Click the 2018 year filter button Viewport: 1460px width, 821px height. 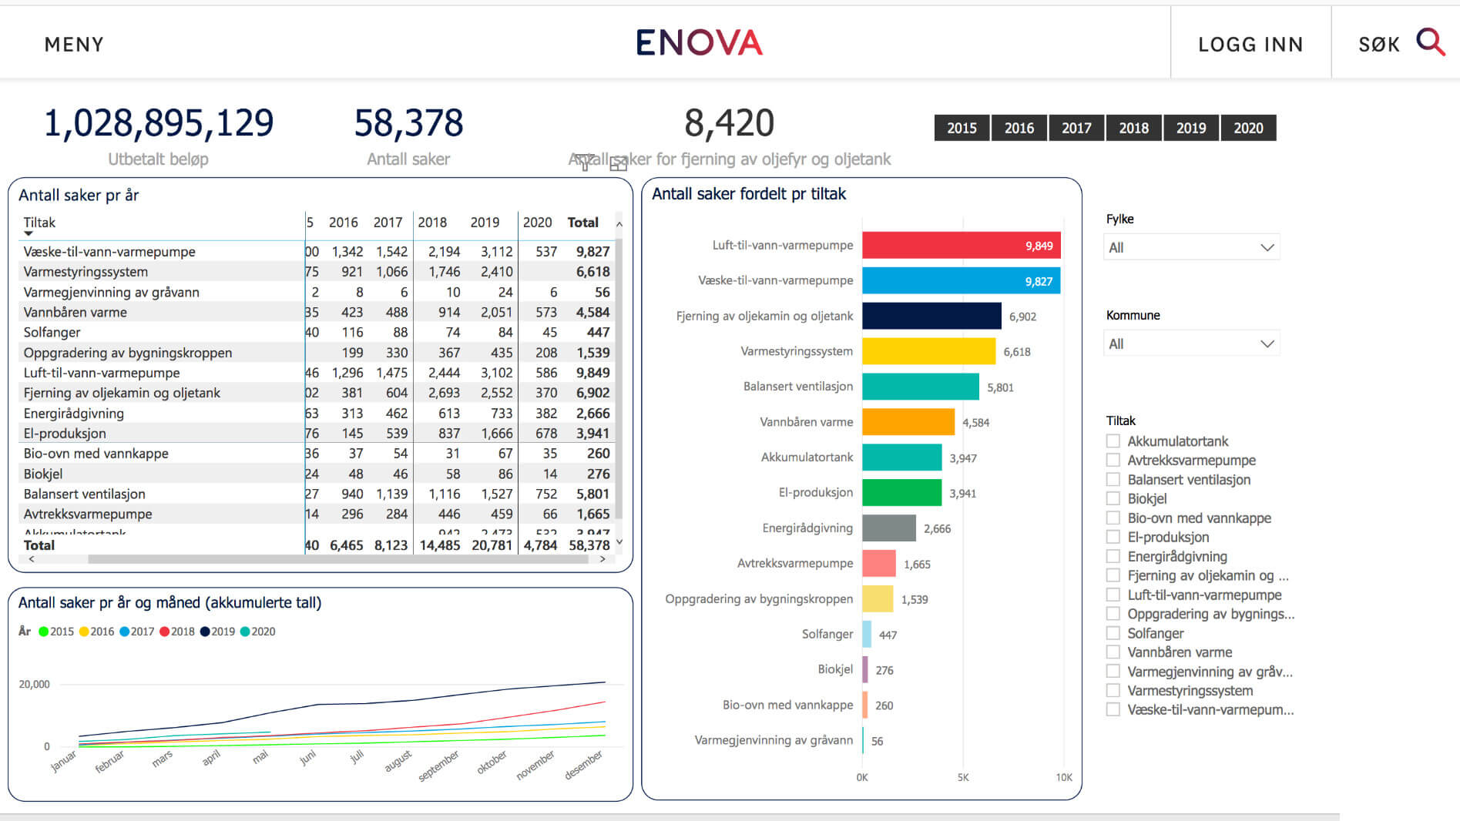coord(1133,128)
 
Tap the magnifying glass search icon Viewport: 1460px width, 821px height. coord(1430,42)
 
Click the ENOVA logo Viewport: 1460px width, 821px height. coord(699,43)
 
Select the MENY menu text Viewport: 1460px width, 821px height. coord(74,45)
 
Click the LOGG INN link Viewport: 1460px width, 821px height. coord(1250,45)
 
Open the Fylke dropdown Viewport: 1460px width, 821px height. coord(1191,247)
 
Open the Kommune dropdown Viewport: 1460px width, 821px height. coord(1191,343)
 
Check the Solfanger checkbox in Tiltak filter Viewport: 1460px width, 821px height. coord(1113,633)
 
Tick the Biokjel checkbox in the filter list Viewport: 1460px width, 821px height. coord(1113,498)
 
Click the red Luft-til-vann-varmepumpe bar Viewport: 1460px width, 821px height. coord(961,245)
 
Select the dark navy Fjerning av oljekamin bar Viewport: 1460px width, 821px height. coord(931,316)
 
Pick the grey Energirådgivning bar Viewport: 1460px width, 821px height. coord(888,528)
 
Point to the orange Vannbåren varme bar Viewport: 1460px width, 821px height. coord(908,422)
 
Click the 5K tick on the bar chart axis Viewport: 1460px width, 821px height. coord(963,778)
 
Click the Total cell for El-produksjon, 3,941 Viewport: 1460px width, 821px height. coord(592,434)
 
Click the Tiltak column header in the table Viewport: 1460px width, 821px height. coord(39,223)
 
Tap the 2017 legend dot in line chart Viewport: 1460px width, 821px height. coord(125,632)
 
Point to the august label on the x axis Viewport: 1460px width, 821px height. coord(398,761)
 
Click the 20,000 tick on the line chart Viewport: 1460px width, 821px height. coord(35,684)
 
